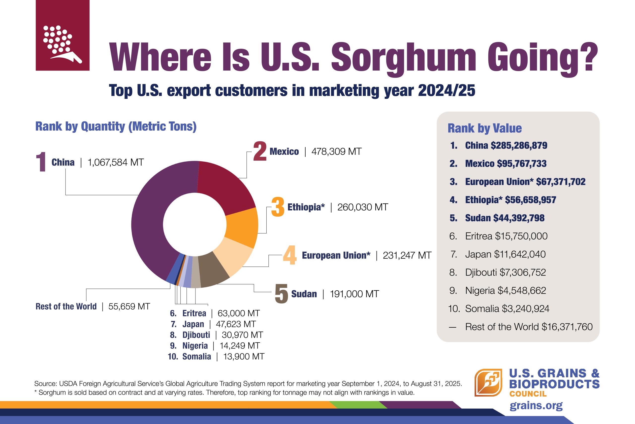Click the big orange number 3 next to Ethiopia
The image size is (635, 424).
pyautogui.click(x=278, y=207)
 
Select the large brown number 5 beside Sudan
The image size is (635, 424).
pyautogui.click(x=281, y=294)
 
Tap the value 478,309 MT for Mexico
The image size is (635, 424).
pyautogui.click(x=336, y=152)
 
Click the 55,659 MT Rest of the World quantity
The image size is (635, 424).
pyautogui.click(x=129, y=306)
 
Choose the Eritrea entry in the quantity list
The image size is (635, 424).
pyautogui.click(x=215, y=313)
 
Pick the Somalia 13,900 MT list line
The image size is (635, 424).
pyautogui.click(x=216, y=356)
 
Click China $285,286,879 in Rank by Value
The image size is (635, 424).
pyautogui.click(x=506, y=146)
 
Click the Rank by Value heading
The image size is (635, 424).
pyautogui.click(x=485, y=128)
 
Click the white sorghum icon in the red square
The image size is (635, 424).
pyautogui.click(x=62, y=43)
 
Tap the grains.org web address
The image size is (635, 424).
pyautogui.click(x=536, y=405)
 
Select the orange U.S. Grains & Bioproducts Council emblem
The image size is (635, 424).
pyautogui.click(x=488, y=382)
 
